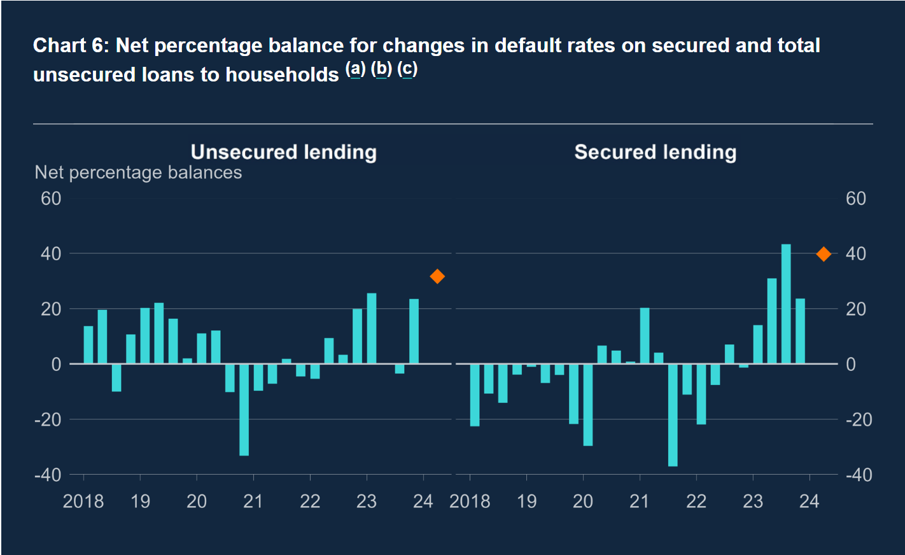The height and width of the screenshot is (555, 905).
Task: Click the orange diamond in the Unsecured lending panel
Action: pyautogui.click(x=437, y=276)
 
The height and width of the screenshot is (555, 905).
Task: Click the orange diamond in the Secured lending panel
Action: pyautogui.click(x=824, y=254)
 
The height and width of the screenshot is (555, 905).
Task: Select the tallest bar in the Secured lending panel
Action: pyautogui.click(x=786, y=304)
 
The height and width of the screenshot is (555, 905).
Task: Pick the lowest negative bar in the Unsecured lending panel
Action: pyautogui.click(x=244, y=409)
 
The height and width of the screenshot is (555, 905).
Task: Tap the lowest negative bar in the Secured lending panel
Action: pyautogui.click(x=673, y=415)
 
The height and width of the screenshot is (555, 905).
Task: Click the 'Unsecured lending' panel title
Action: pyautogui.click(x=284, y=152)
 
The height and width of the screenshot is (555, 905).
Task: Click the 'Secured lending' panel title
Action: pyautogui.click(x=656, y=152)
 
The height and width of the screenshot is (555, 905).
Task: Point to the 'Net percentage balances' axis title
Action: pyautogui.click(x=138, y=172)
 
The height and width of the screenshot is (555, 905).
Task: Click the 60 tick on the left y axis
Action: pyautogui.click(x=51, y=199)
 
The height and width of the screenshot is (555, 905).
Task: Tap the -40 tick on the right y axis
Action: pyautogui.click(x=859, y=475)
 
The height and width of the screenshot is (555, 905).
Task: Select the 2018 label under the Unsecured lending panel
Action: pyautogui.click(x=83, y=502)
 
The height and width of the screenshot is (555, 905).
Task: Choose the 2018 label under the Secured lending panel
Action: pyautogui.click(x=470, y=502)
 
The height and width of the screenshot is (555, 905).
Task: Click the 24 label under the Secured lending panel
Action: pyautogui.click(x=809, y=502)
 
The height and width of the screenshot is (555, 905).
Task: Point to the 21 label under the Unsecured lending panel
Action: pyautogui.click(x=253, y=502)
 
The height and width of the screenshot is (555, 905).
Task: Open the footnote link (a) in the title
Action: pyautogui.click(x=355, y=69)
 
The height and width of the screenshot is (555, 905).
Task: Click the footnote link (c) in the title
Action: pyautogui.click(x=407, y=69)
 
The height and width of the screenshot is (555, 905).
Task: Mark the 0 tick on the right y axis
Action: pyautogui.click(x=851, y=364)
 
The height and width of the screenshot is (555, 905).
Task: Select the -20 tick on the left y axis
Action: pyautogui.click(x=48, y=419)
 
